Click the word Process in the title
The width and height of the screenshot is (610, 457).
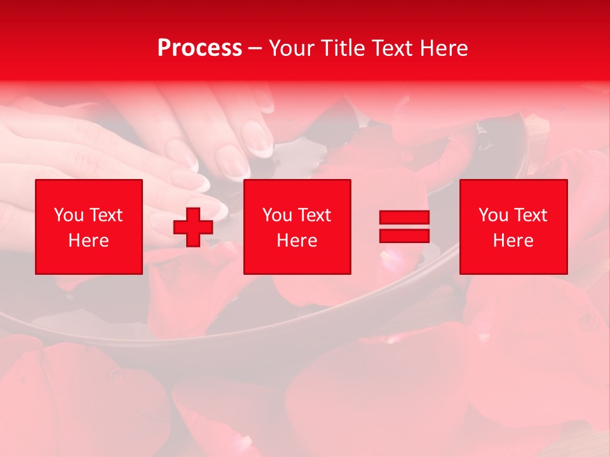[200, 48]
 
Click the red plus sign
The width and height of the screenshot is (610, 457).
[193, 227]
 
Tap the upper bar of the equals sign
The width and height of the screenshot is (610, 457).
[404, 218]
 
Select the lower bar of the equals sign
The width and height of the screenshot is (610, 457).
[404, 235]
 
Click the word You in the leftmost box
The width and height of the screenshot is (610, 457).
[69, 215]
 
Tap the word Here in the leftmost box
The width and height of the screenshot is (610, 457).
[89, 241]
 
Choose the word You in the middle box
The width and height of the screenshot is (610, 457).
[277, 215]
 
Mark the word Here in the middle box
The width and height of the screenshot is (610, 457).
[297, 241]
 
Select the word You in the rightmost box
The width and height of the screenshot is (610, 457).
[493, 215]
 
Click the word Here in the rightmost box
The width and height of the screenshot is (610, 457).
[513, 241]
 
